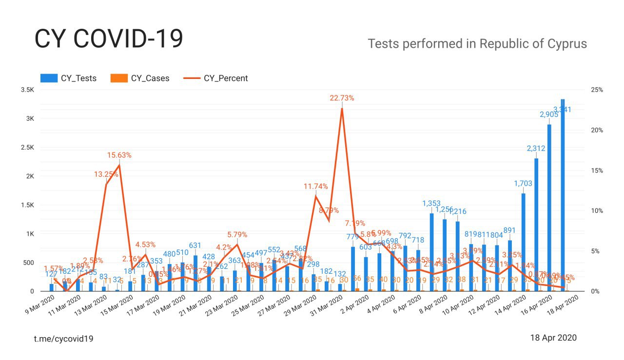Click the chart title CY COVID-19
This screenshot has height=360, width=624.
pyautogui.click(x=108, y=39)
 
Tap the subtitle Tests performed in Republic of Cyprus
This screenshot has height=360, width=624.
pyautogui.click(x=477, y=44)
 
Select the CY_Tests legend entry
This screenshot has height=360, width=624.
pyautogui.click(x=69, y=78)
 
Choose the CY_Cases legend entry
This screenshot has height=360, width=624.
pyautogui.click(x=140, y=78)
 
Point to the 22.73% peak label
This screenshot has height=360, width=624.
pyautogui.click(x=341, y=98)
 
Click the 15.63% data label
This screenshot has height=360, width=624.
pyautogui.click(x=119, y=155)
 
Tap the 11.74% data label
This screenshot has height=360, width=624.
pyautogui.click(x=315, y=186)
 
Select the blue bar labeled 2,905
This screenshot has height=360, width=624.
pyautogui.click(x=549, y=209)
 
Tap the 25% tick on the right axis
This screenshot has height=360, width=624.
pyautogui.click(x=597, y=90)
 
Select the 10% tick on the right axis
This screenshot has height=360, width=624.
pyautogui.click(x=597, y=211)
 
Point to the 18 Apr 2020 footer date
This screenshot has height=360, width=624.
pyautogui.click(x=553, y=338)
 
